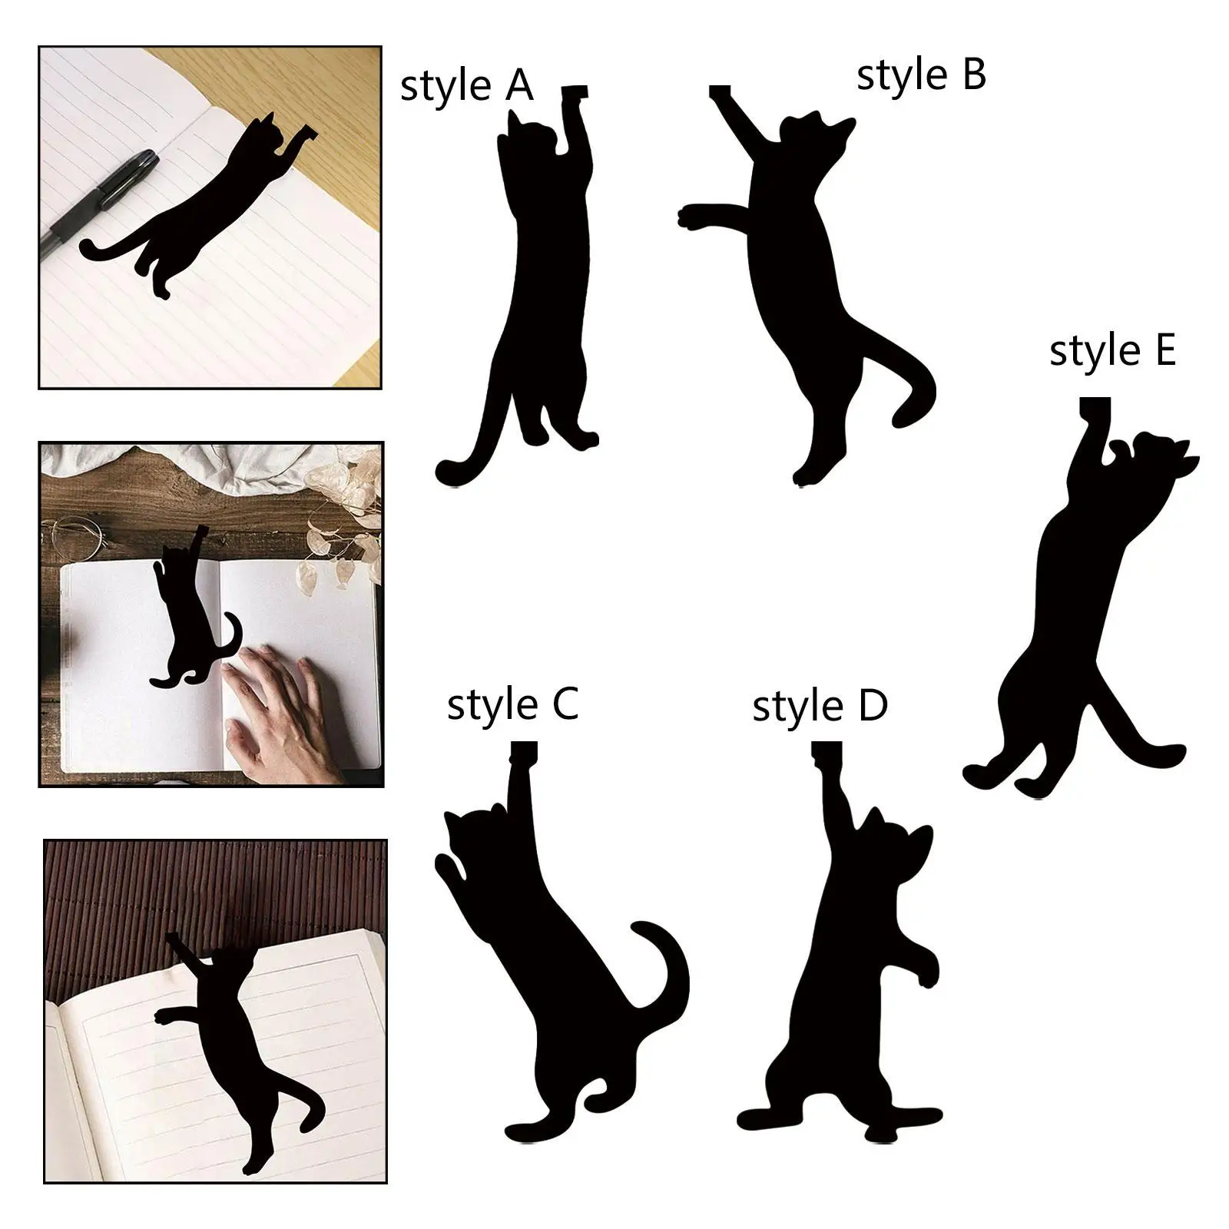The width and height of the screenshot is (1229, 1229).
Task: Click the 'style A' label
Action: point(466,86)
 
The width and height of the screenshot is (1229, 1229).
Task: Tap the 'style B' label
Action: point(920,76)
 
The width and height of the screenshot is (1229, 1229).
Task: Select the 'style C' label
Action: point(512,704)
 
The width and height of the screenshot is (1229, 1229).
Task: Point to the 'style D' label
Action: point(820,706)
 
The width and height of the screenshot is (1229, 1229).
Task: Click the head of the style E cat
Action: point(1156,457)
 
